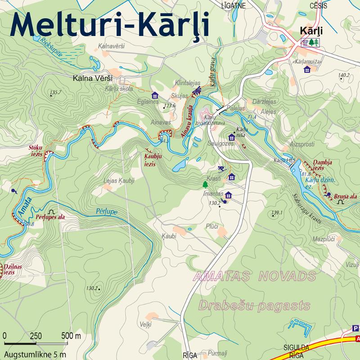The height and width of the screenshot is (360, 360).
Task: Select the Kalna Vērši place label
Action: coord(92,78)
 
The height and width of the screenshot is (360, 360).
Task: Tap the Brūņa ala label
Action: coord(346,196)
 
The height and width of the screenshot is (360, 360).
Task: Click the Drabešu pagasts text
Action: coord(254,306)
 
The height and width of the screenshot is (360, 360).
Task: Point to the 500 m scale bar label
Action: coord(71,336)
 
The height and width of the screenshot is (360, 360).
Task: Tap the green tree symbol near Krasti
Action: coord(205,184)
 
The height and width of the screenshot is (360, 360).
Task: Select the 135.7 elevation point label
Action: coord(55,92)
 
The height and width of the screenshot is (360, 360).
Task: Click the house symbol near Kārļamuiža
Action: coord(307,69)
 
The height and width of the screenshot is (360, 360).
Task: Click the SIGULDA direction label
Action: coord(296,347)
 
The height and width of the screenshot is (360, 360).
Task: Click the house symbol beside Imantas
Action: coord(229,195)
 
